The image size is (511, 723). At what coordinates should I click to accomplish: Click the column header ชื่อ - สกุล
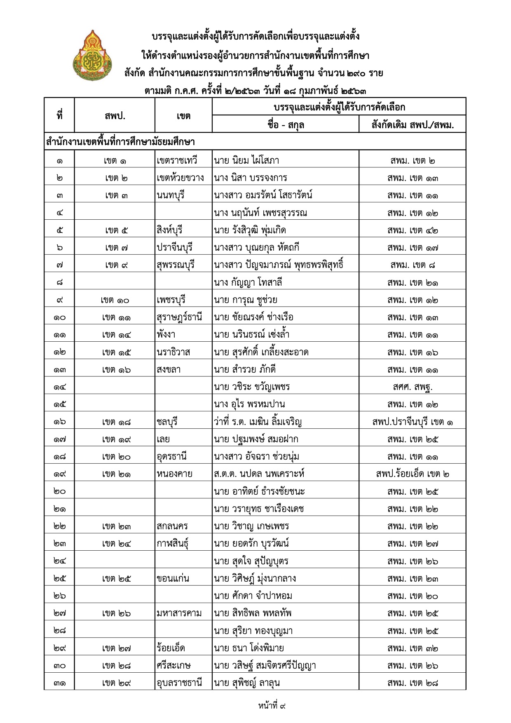coord(285,124)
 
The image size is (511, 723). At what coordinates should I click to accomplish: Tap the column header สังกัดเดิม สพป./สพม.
coord(412,124)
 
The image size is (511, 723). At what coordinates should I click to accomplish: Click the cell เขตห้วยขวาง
coord(180,178)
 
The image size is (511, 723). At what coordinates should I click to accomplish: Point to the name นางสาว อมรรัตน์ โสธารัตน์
coord(263,195)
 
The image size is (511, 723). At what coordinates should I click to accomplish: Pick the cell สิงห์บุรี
coord(169,230)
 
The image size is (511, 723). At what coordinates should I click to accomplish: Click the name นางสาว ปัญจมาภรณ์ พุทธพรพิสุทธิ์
coord(279,265)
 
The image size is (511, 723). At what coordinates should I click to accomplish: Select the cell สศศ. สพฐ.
coord(412,387)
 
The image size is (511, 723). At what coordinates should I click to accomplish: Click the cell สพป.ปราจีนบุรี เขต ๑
coord(412,422)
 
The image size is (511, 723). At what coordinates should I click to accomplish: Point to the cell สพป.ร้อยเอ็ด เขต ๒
coord(412,474)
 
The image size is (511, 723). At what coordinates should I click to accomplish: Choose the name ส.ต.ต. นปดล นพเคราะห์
coord(259,474)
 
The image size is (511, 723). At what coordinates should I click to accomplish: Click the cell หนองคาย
coord(174,474)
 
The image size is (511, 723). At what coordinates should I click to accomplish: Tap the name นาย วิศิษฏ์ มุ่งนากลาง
coord(255,578)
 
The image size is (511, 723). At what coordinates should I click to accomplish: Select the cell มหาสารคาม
coord(179,613)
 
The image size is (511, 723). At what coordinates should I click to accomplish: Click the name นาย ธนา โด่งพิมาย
coord(248,648)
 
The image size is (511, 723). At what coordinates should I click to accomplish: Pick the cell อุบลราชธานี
coord(179,683)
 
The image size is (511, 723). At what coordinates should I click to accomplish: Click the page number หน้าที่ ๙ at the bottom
coord(272,705)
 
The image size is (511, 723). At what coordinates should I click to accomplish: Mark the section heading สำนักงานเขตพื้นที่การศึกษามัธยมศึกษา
coord(120,142)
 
